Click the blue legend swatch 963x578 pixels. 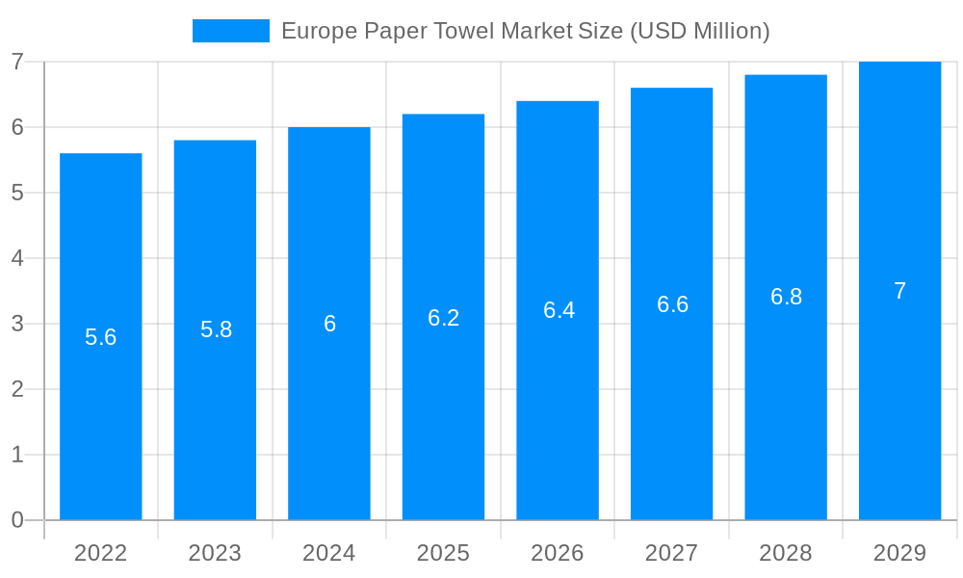(231, 31)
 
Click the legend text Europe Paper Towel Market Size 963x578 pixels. (525, 31)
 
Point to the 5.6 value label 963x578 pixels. (101, 337)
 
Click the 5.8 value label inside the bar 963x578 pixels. (216, 329)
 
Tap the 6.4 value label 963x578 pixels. (559, 310)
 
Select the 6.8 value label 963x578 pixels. (786, 297)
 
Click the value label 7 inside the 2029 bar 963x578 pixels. (899, 291)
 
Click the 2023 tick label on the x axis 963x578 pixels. (215, 553)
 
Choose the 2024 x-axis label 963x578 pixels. (329, 553)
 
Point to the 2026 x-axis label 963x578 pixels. (558, 553)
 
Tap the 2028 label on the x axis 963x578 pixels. (786, 553)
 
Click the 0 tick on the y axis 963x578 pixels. (17, 520)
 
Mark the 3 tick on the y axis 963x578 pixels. (17, 324)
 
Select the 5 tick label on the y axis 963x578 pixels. (17, 193)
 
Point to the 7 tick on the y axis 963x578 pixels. (17, 62)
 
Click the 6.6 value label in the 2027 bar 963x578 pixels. (672, 304)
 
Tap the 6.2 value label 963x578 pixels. (444, 318)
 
